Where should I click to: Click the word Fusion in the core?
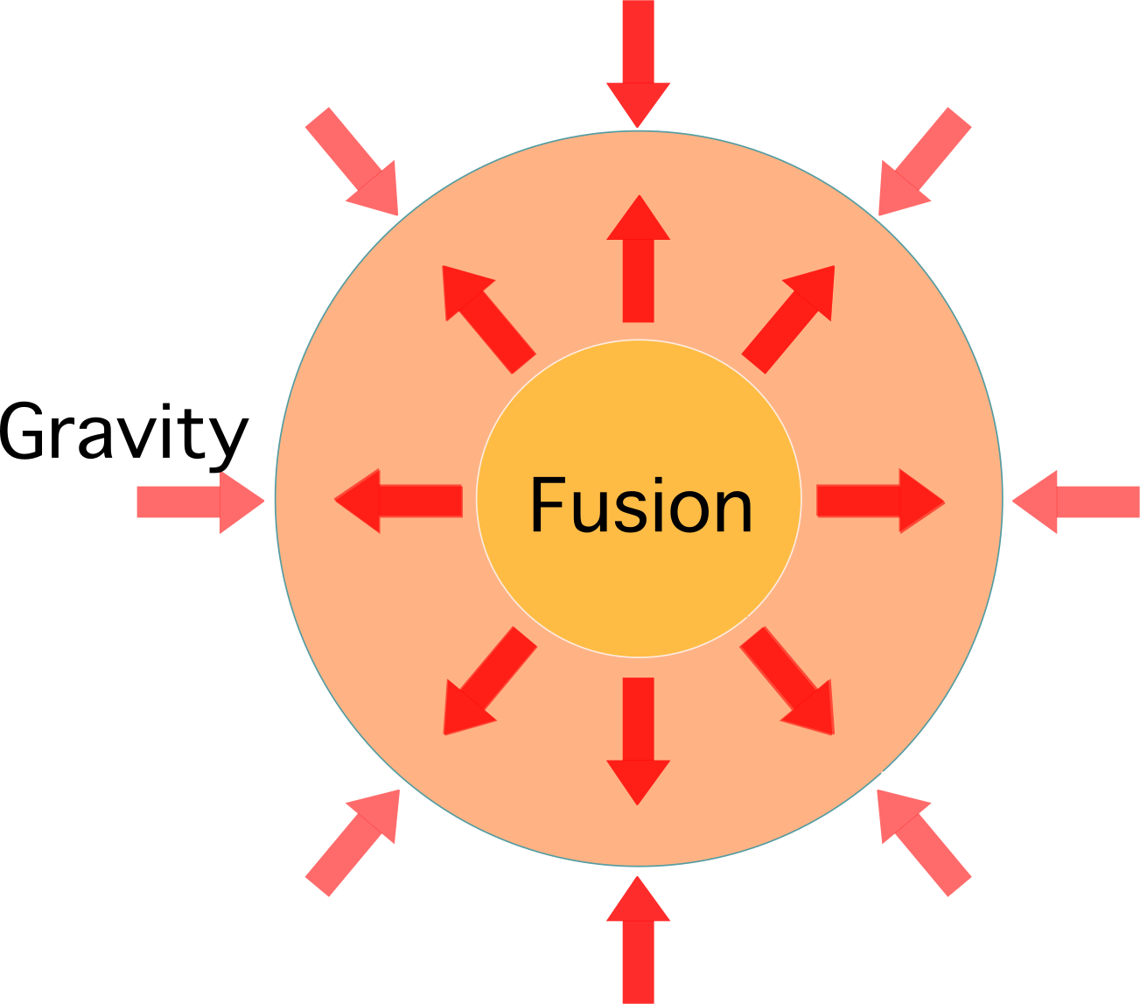click(640, 505)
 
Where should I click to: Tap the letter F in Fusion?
click(547, 505)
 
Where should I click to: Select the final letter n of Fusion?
click(733, 512)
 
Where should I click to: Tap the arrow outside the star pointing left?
click(1072, 502)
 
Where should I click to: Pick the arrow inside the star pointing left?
click(398, 501)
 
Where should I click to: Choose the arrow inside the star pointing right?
click(879, 501)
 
